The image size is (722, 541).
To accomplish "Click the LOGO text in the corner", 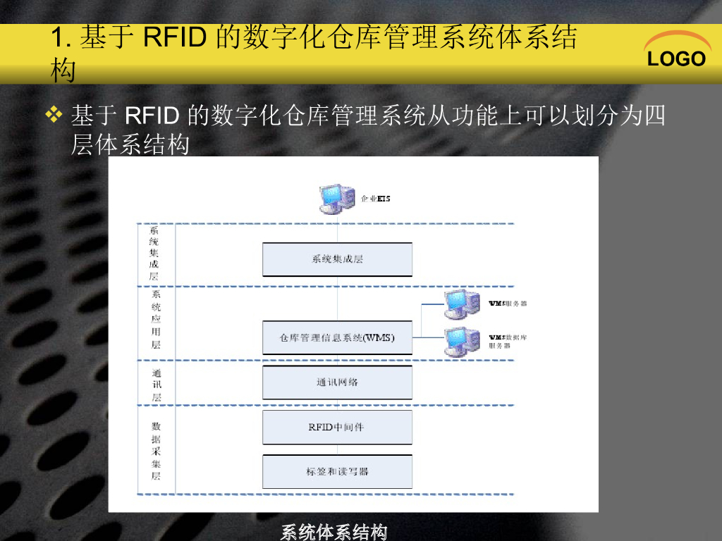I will click(x=676, y=59).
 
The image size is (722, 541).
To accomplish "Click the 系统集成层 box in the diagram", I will click(x=337, y=259).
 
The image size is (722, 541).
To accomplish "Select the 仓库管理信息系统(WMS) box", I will click(x=337, y=338).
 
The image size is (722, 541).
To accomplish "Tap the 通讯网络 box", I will click(x=337, y=383).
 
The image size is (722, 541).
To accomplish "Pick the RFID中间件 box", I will click(x=337, y=427).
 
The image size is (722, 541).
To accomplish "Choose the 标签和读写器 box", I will click(x=337, y=471).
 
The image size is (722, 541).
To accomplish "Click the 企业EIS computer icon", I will click(x=336, y=198).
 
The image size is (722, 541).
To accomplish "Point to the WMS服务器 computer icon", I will click(x=462, y=304).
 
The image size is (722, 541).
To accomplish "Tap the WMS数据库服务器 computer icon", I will click(x=462, y=341).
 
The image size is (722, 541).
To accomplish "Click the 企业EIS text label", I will click(x=375, y=199).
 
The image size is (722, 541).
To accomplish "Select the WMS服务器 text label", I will click(x=508, y=304).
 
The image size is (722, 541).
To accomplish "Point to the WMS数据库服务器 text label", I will click(x=508, y=342).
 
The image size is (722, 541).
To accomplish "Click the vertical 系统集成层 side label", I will click(x=154, y=254).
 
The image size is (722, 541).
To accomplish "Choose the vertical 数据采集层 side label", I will click(x=156, y=451).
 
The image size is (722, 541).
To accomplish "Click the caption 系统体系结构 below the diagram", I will click(x=334, y=532).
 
